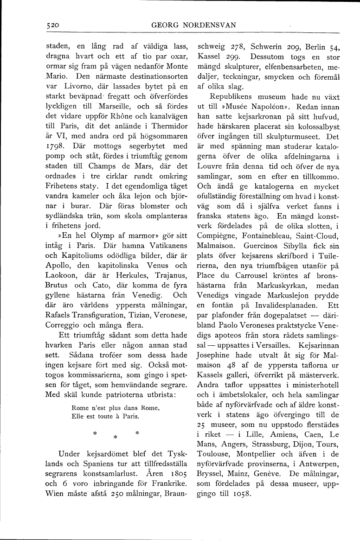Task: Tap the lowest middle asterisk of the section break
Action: click(x=115, y=437)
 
